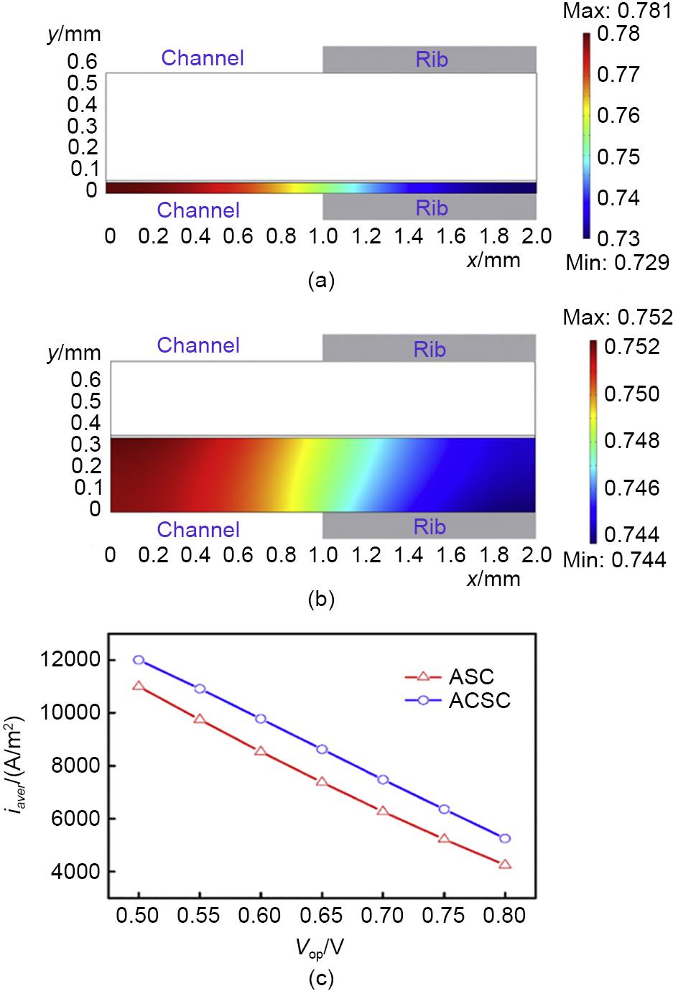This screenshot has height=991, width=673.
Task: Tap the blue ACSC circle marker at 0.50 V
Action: (x=139, y=660)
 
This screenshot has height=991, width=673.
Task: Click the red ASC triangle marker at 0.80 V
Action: (x=505, y=864)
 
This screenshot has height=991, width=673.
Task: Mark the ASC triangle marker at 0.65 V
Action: (x=322, y=781)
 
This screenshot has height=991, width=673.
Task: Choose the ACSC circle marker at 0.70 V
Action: (x=383, y=779)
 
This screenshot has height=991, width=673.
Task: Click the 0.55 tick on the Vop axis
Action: (x=200, y=916)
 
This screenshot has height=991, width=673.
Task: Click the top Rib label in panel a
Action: (x=431, y=59)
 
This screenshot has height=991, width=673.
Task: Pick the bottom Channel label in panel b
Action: (x=198, y=530)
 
